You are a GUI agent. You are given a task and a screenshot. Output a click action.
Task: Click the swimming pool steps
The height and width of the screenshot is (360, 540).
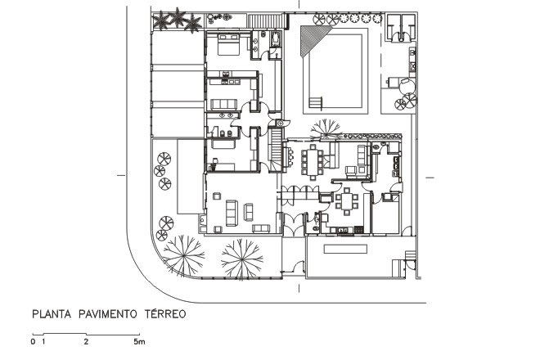(316, 103)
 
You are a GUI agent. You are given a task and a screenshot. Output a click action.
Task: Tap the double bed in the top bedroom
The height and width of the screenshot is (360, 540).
(226, 45)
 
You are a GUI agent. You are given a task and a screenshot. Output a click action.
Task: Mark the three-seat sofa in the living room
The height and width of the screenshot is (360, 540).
(231, 211)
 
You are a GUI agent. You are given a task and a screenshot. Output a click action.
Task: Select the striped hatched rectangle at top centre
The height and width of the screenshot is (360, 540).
(265, 20)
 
